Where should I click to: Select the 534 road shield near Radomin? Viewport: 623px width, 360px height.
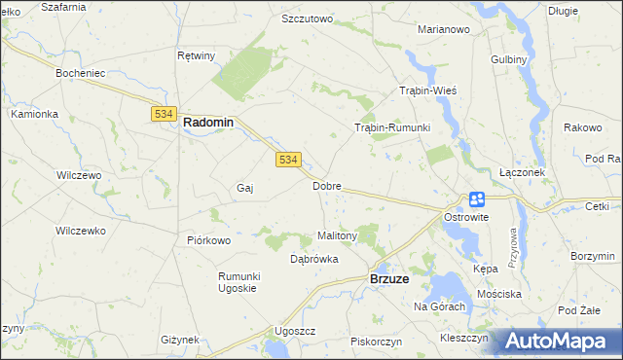tap(163, 115)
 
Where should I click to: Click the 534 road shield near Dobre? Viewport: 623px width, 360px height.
tap(287, 160)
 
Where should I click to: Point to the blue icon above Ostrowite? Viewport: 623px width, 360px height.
tap(477, 199)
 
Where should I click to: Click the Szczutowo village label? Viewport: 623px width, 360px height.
tap(307, 18)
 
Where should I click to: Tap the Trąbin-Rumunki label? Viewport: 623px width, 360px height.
tap(391, 127)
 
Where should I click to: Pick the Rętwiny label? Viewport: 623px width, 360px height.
tap(197, 55)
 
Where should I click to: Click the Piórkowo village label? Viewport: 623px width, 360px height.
tap(208, 240)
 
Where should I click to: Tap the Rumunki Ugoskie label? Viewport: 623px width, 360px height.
tap(237, 282)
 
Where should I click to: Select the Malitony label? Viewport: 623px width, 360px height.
tap(338, 235)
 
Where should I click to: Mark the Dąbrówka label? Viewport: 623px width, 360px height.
tap(314, 259)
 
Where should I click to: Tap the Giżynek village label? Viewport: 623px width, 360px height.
tap(180, 340)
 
